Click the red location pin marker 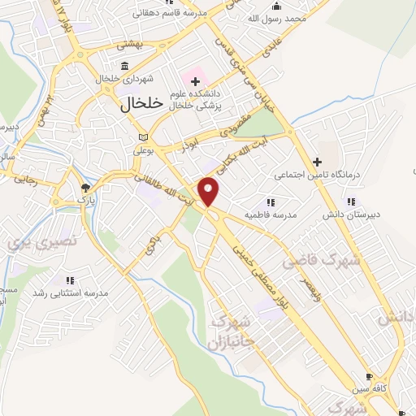210,192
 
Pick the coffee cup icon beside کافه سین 370,378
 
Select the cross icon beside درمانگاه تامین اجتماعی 318,162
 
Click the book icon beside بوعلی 144,137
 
